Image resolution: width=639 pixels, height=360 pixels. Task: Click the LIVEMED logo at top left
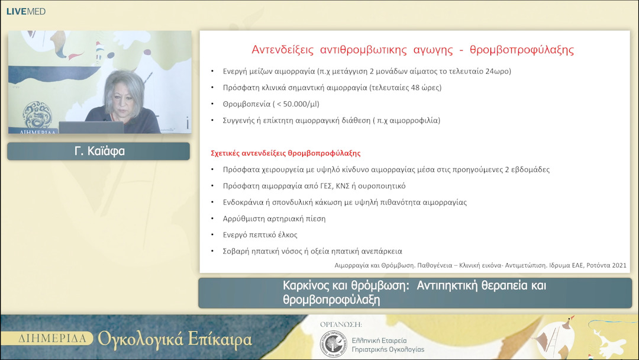click(25, 11)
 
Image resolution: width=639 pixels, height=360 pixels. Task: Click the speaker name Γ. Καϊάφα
click(99, 151)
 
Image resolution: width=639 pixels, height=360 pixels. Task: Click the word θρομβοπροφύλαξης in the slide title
click(521, 49)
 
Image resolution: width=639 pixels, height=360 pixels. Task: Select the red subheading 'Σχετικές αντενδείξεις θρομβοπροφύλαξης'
click(285, 153)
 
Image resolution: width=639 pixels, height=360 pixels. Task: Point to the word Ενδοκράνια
click(243, 202)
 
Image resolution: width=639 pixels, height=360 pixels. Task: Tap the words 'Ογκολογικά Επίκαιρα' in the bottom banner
click(175, 339)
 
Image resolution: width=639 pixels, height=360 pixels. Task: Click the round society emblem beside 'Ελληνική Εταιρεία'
click(333, 344)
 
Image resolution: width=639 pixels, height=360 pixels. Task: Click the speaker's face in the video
click(125, 94)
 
